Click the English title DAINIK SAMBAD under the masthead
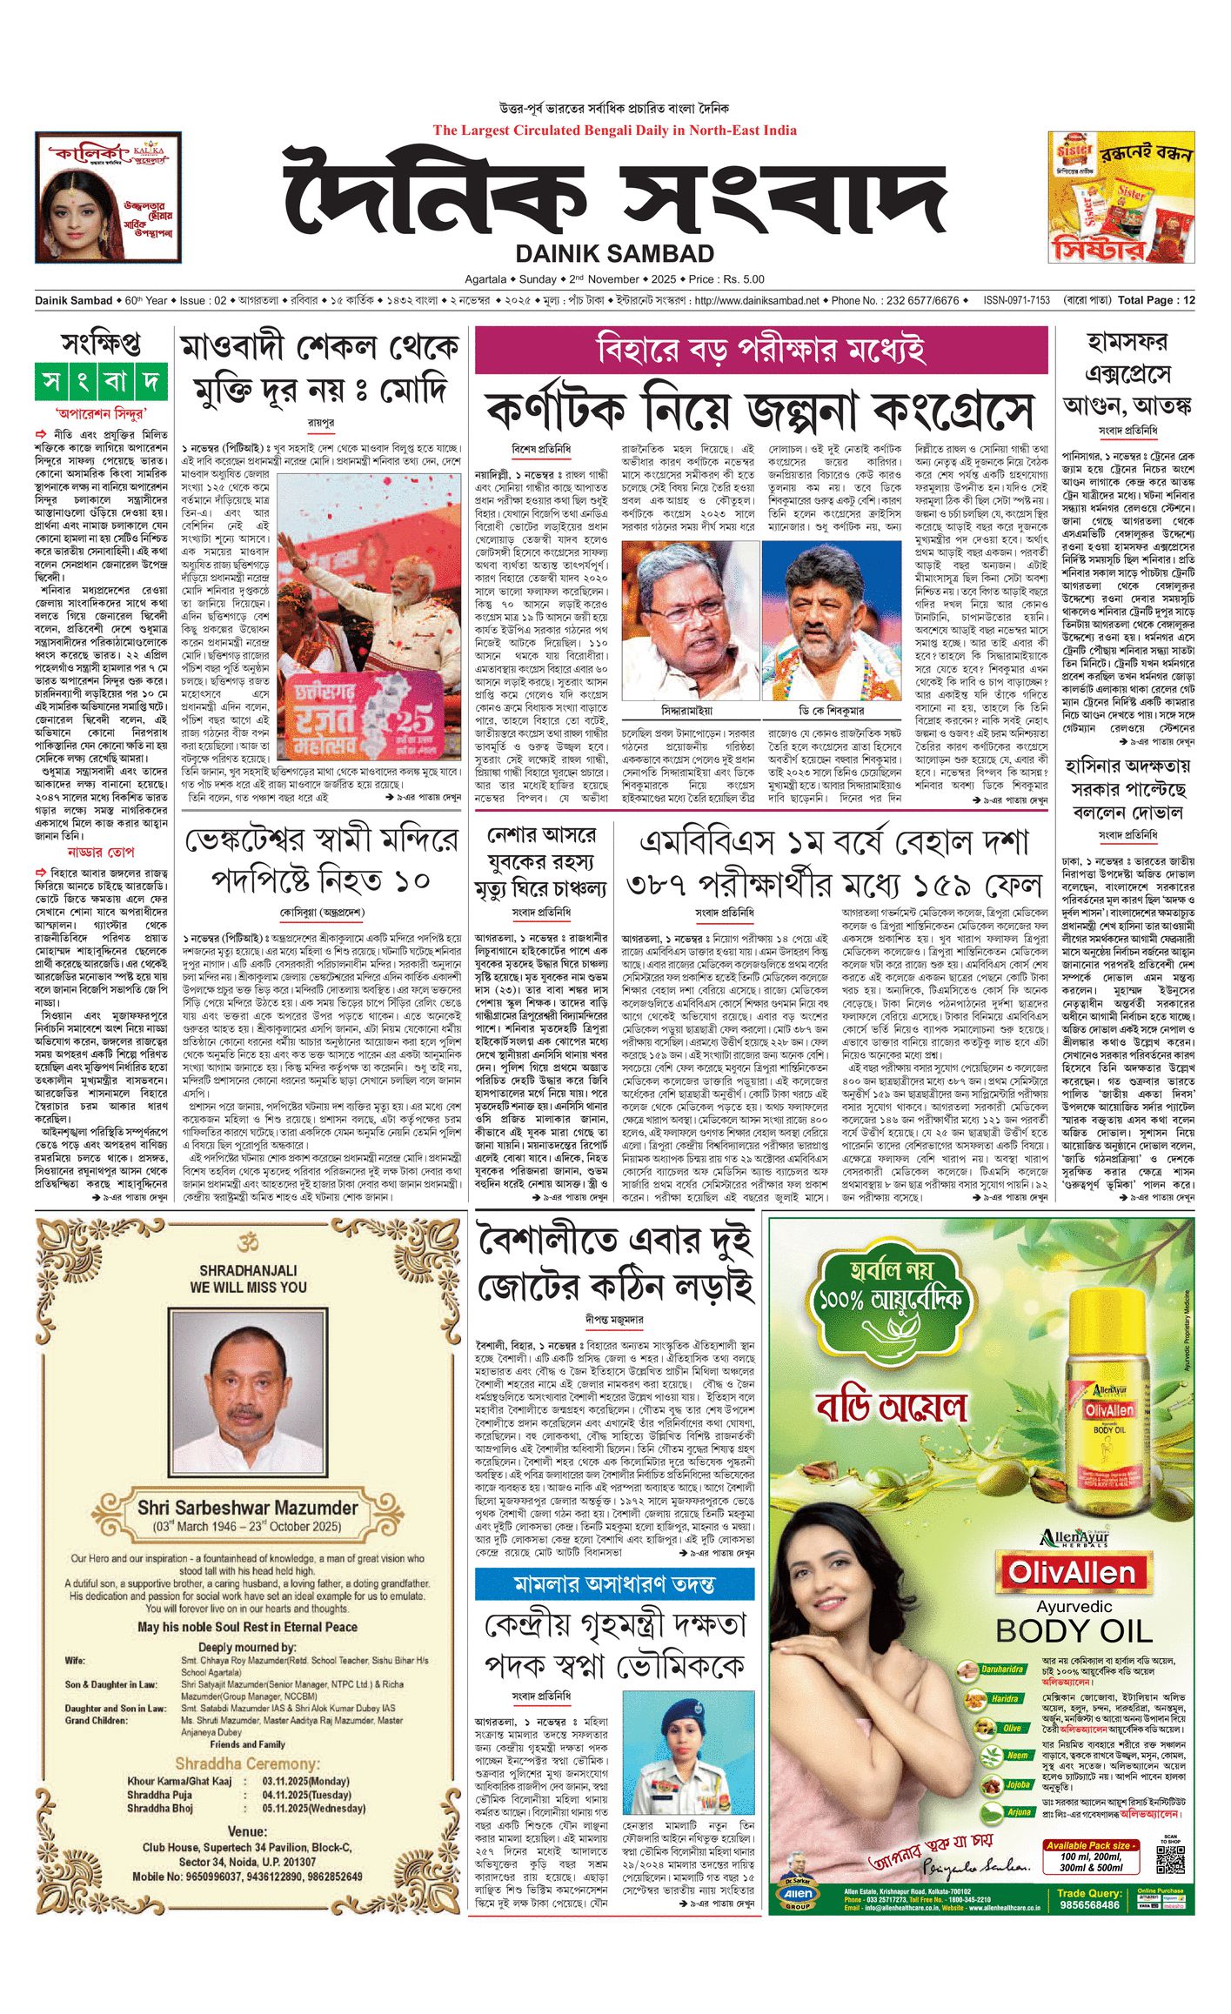[614, 254]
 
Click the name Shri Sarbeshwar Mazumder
[248, 1508]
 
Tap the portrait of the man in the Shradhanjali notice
[248, 1399]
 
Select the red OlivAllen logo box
[1071, 1572]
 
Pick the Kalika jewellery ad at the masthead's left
[108, 197]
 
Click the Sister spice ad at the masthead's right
[1121, 197]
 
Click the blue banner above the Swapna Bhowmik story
[614, 1583]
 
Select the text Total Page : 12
[1156, 300]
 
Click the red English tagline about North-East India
[614, 130]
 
